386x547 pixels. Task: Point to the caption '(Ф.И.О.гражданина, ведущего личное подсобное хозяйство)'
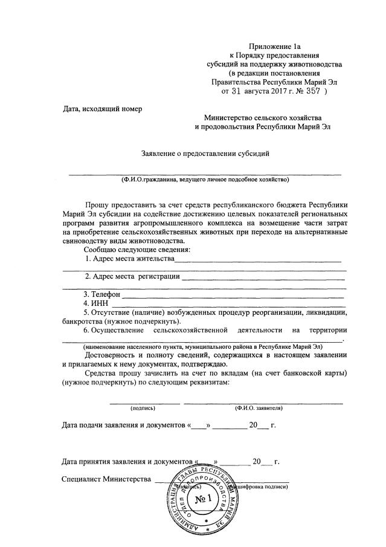205,180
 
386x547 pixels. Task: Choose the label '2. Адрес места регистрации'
132,277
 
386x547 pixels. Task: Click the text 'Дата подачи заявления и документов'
124,426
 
